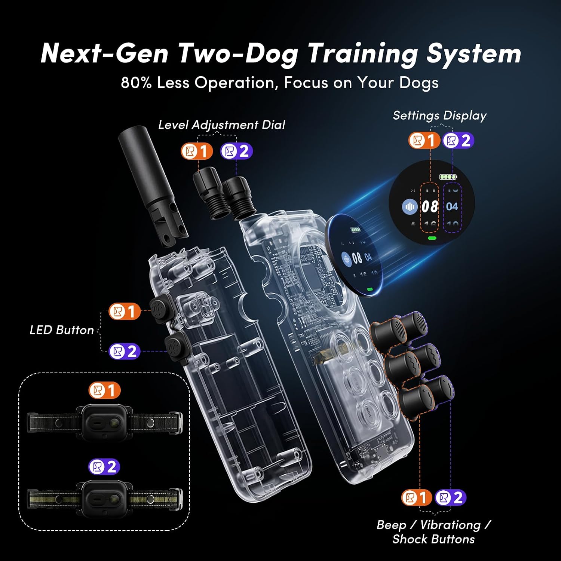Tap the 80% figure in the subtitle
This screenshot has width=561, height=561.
(136, 83)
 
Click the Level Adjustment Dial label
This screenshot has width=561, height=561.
(221, 125)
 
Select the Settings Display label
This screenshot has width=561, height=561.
(439, 116)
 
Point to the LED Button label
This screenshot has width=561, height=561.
(62, 330)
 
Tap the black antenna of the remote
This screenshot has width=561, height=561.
(153, 186)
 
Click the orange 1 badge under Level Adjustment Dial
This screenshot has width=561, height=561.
(197, 151)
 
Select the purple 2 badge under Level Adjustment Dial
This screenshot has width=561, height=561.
(236, 151)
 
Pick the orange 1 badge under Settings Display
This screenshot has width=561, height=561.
(424, 141)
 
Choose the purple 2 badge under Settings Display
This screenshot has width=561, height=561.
(459, 141)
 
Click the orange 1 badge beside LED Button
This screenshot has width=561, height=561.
(125, 312)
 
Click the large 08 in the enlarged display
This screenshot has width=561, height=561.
(430, 207)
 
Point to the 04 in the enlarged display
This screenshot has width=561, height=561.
(452, 207)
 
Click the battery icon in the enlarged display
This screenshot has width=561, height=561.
(448, 177)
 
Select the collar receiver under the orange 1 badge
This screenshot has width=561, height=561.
(105, 423)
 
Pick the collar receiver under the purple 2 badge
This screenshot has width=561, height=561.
(105, 499)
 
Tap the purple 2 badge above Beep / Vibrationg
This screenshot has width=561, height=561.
(450, 498)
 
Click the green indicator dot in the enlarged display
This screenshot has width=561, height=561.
(432, 238)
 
